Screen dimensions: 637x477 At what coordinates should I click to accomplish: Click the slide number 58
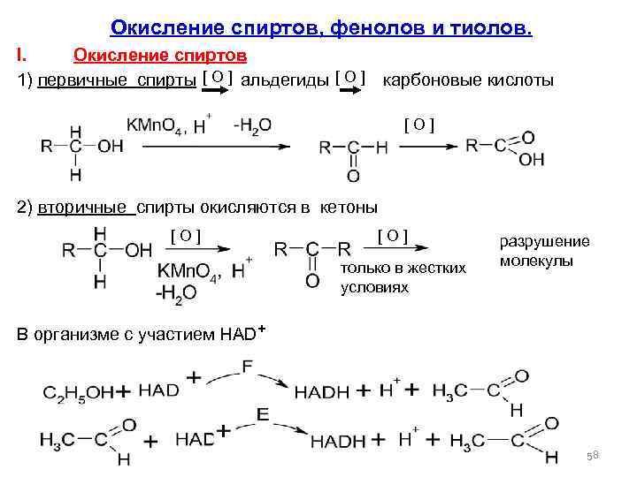click(594, 455)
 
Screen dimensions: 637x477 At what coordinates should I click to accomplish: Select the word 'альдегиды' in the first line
click(286, 80)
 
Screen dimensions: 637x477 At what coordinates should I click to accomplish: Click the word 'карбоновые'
click(431, 80)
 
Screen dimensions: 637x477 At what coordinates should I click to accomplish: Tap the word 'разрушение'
click(545, 241)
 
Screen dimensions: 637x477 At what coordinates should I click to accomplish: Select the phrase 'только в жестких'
click(403, 269)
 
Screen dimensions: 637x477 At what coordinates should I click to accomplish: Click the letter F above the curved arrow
click(247, 364)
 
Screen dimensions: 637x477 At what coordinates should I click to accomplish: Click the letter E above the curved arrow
click(262, 414)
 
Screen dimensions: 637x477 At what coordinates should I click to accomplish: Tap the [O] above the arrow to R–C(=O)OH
click(418, 119)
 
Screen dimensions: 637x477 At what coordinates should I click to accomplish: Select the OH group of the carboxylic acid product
click(533, 159)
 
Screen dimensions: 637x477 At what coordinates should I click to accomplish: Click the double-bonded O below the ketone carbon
click(311, 282)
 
